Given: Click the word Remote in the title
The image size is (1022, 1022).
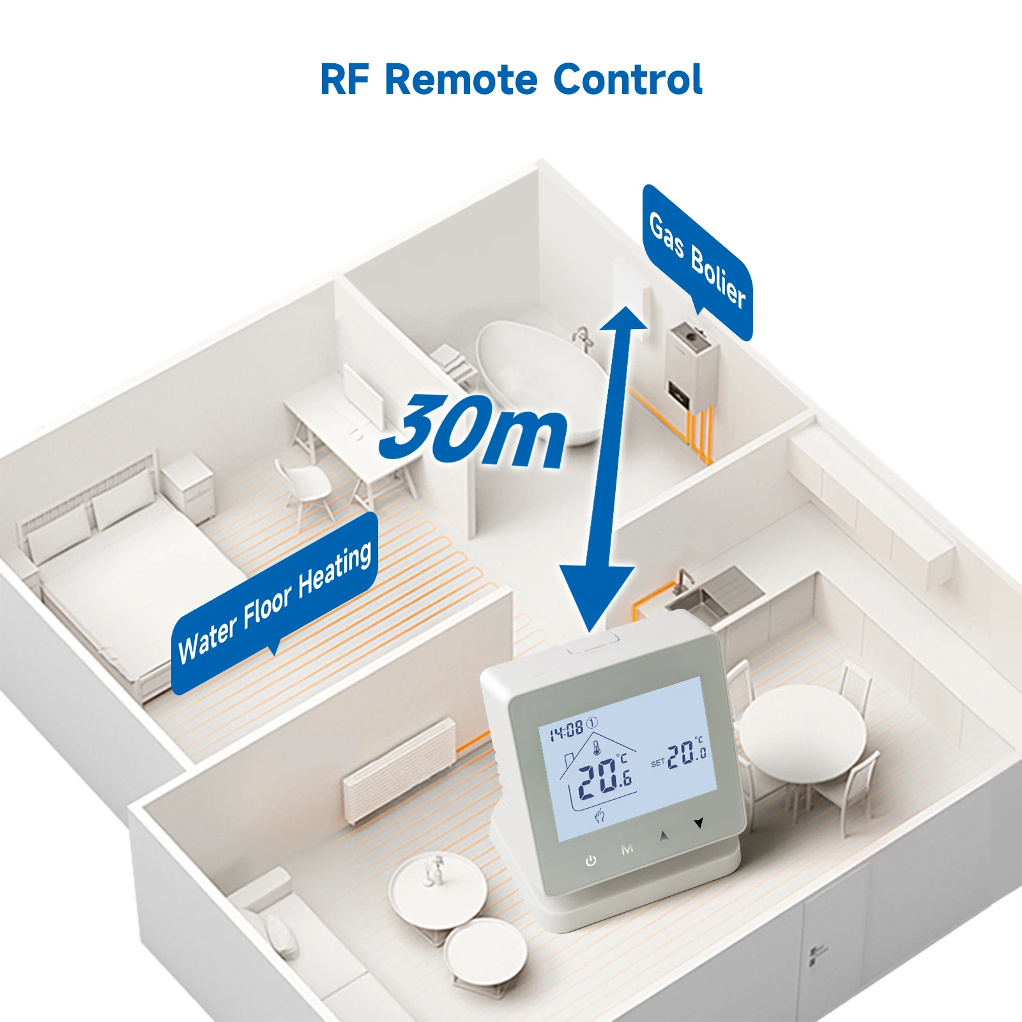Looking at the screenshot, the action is tap(461, 80).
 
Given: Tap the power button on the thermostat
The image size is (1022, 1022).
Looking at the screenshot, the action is tap(591, 861).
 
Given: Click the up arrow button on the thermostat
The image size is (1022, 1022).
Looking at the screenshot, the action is tap(664, 835).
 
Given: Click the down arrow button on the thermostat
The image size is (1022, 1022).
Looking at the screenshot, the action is tap(699, 823).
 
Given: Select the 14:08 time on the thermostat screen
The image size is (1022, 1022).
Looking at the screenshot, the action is tap(567, 730).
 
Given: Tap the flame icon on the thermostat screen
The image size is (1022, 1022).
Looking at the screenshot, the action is tap(599, 815).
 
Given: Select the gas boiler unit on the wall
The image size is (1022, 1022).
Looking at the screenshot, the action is tap(691, 367).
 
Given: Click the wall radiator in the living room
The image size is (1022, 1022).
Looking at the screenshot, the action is tap(399, 770).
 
